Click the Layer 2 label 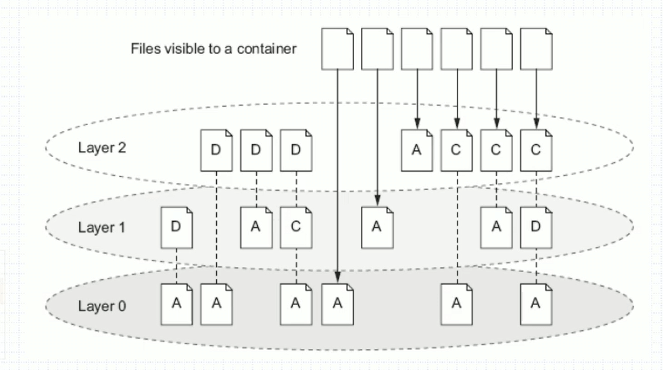point(101,148)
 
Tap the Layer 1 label point(101,227)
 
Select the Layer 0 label point(101,306)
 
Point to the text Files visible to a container point(214,49)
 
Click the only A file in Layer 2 point(416,150)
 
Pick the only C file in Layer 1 point(296,227)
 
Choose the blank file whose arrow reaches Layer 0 point(337,49)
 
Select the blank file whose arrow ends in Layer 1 point(377,49)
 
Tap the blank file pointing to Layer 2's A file point(416,49)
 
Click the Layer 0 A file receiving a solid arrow point(337,304)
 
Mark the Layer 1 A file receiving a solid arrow point(377,227)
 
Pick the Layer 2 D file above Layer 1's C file point(296,150)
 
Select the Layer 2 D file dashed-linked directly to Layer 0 point(216,150)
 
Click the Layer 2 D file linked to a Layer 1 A point(256,150)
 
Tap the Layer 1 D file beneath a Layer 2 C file point(536,227)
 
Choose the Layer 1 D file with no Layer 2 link point(176,227)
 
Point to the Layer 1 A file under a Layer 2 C point(496,227)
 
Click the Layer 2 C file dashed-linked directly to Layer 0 point(456,150)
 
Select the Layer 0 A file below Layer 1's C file point(296,304)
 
